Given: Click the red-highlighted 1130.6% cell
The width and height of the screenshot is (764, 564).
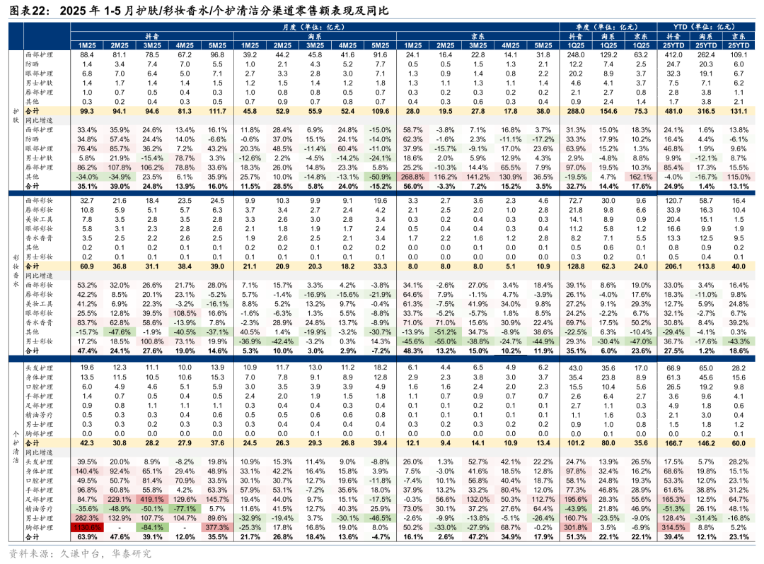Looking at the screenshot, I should coord(87,527).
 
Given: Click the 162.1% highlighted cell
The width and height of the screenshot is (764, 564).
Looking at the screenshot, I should coord(641,176).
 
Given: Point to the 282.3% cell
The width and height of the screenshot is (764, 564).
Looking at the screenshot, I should coord(87,517).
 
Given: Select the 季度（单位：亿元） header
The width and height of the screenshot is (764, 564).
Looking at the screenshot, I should coord(608,27).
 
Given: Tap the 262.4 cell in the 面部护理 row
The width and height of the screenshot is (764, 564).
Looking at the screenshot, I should coord(705,54).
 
